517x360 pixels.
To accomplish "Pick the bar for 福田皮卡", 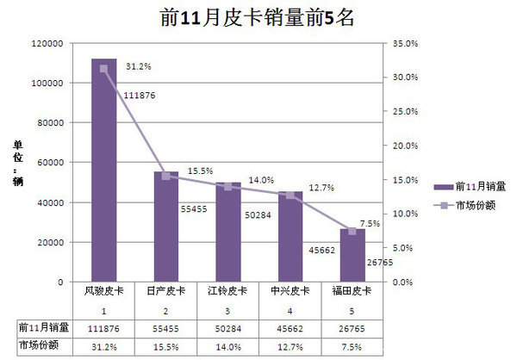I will [x=352, y=255].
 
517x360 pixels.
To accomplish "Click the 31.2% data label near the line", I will [x=139, y=65].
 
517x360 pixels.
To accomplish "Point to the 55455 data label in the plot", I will [x=193, y=208].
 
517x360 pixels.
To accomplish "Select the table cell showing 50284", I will [x=228, y=328].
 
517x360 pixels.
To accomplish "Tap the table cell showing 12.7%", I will [x=290, y=346].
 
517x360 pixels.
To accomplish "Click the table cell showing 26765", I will [x=352, y=328].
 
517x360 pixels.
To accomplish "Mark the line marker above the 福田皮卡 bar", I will [x=352, y=231].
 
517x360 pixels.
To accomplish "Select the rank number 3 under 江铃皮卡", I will [x=228, y=309].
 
